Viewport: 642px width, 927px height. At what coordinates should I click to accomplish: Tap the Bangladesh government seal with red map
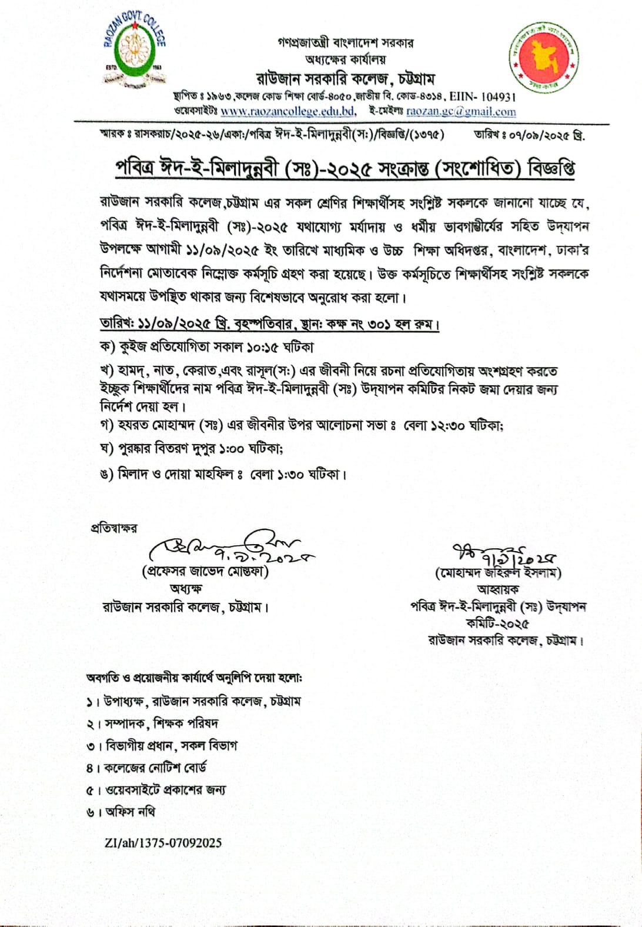[544, 58]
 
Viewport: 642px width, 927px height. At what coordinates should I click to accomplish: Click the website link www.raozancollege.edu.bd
[288, 111]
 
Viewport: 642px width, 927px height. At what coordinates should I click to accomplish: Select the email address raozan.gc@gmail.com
[461, 111]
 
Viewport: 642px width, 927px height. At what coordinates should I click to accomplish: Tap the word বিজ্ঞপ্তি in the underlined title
[551, 169]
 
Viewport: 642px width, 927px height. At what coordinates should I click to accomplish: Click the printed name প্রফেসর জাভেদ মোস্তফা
[205, 572]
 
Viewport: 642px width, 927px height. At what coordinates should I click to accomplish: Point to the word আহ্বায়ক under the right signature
[498, 589]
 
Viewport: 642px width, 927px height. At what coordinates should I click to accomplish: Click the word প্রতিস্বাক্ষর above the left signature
[113, 528]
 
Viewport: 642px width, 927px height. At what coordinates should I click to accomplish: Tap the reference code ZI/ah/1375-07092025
[163, 843]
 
